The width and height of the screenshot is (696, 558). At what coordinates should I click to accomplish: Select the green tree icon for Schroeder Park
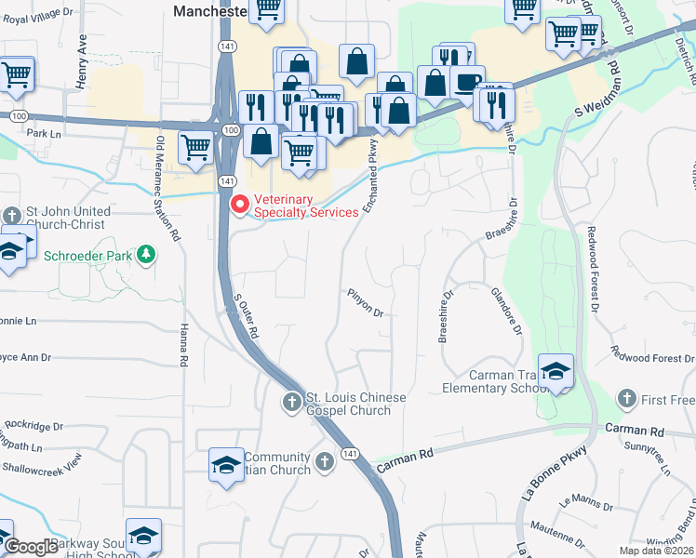(x=145, y=254)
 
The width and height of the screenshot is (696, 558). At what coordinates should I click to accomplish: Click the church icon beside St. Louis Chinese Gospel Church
(x=291, y=402)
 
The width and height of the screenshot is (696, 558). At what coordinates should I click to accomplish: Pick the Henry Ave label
(x=82, y=60)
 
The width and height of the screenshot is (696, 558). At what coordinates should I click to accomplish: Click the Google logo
(x=31, y=547)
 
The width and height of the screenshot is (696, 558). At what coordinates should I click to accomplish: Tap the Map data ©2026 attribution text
(x=655, y=551)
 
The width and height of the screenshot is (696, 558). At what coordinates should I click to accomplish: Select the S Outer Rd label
(x=244, y=316)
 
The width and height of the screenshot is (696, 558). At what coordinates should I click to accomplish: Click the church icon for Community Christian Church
(x=324, y=462)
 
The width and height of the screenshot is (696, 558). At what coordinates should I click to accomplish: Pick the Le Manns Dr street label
(x=581, y=509)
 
